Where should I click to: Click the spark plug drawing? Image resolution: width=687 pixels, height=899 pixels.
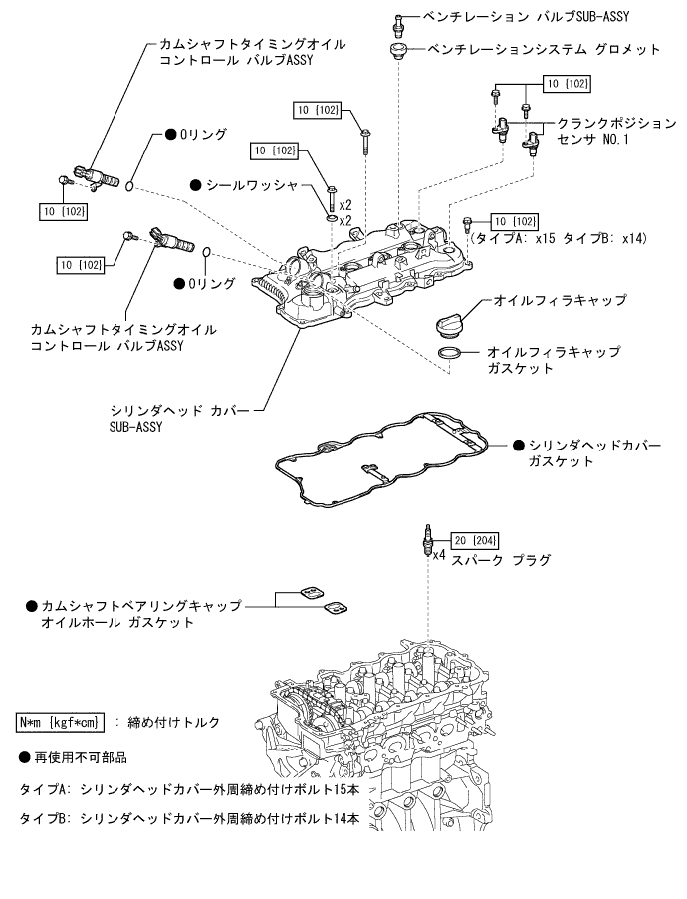(x=427, y=543)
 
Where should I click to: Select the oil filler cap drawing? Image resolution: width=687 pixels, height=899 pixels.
(x=452, y=324)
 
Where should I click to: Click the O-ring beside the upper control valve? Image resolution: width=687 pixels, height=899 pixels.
(x=130, y=183)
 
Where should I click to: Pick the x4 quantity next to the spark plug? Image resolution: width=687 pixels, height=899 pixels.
(x=439, y=554)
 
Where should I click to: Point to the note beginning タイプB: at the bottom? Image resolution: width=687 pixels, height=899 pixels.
(x=189, y=818)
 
